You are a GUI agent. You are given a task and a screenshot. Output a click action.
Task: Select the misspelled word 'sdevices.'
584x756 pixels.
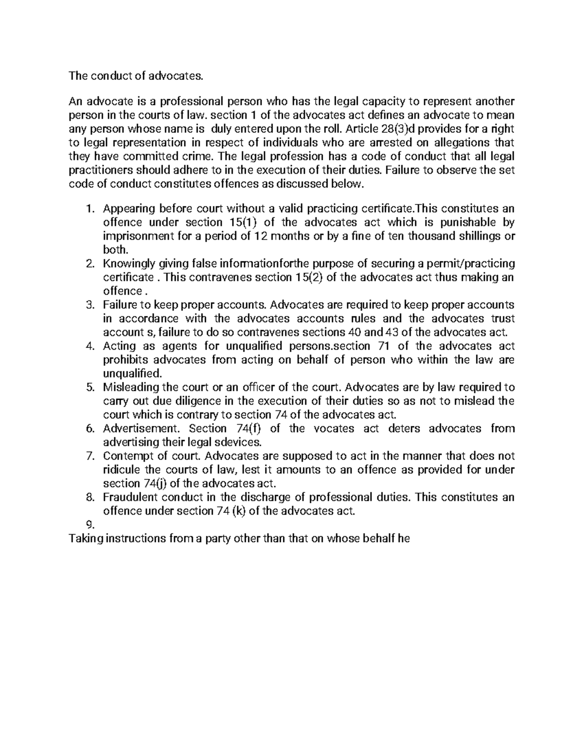(x=238, y=442)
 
